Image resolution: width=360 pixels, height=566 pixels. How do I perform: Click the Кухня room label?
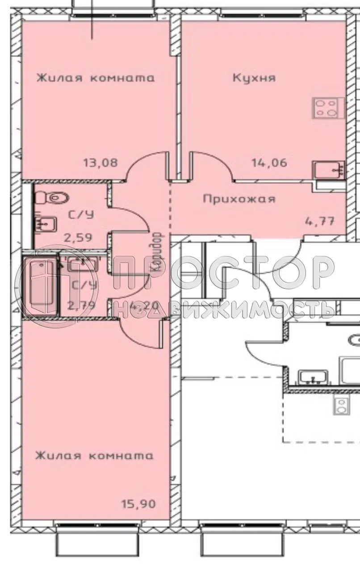click(254, 78)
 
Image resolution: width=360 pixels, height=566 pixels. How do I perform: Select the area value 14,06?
click(268, 162)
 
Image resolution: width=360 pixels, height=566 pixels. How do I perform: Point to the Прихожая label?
click(239, 199)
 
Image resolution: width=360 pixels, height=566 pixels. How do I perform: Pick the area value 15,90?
click(138, 505)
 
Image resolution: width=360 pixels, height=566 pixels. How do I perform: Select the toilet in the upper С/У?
click(53, 197)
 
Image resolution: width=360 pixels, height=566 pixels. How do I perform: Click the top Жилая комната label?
click(95, 78)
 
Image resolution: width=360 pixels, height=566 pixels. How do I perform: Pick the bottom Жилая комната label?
click(94, 456)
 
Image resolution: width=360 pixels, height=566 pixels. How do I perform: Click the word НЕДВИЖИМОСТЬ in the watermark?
click(223, 308)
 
